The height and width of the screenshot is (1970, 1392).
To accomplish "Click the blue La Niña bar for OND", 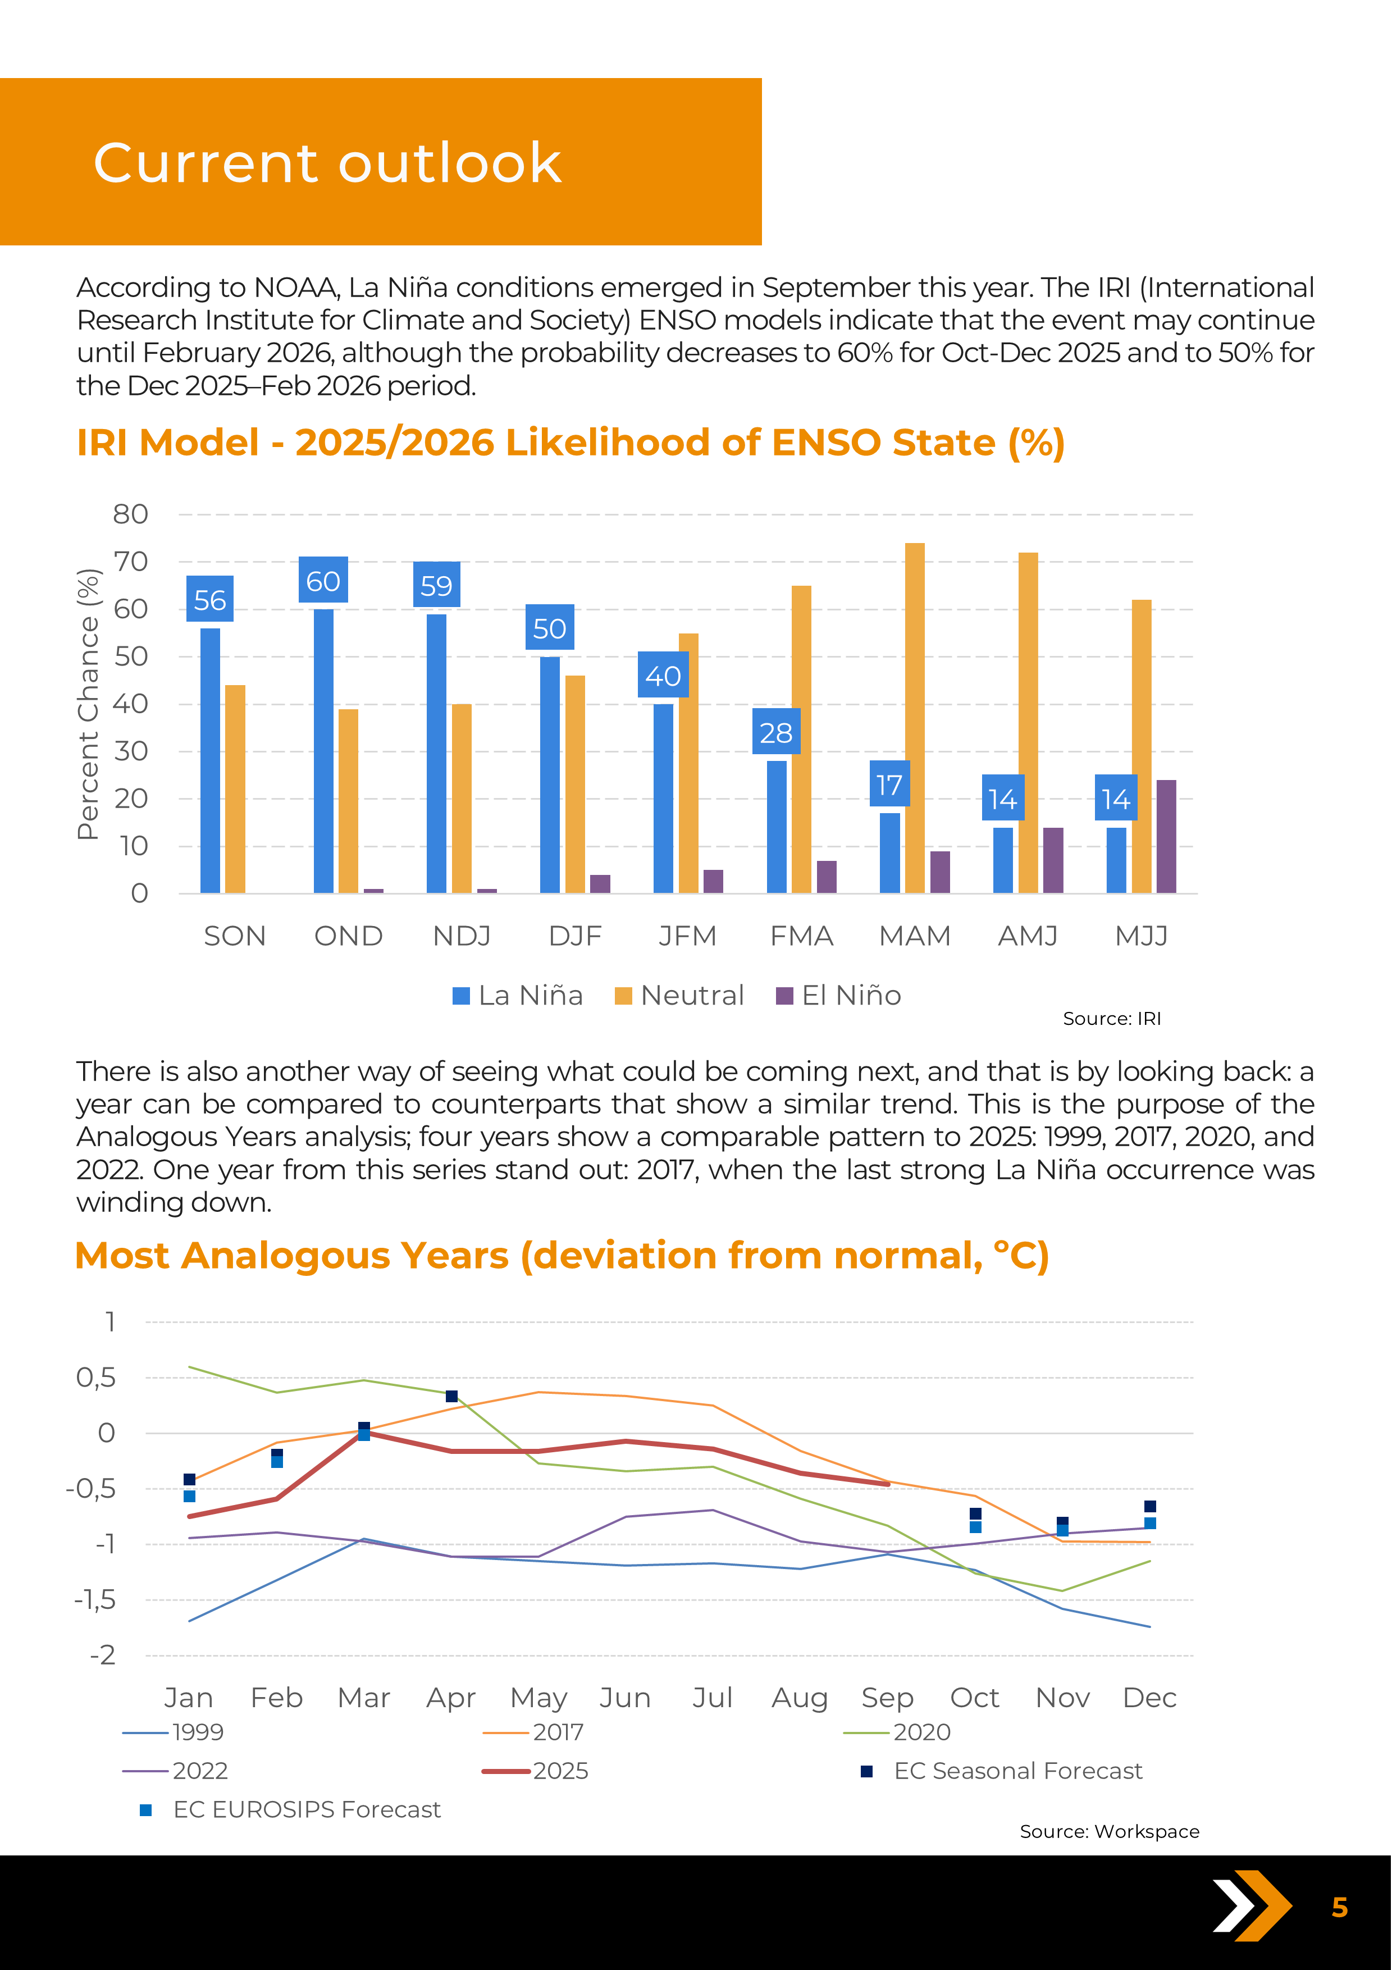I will click(x=323, y=751).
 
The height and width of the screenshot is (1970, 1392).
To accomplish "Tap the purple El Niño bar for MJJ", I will click(x=1166, y=837).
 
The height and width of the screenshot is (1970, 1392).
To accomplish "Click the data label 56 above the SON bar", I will click(x=210, y=600).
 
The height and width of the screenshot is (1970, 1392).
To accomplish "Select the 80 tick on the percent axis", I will click(x=130, y=515).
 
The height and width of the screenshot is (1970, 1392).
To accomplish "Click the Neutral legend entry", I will click(x=680, y=995).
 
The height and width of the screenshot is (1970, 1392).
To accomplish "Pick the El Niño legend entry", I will click(x=839, y=995).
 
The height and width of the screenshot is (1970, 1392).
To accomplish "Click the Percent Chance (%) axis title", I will click(x=88, y=704).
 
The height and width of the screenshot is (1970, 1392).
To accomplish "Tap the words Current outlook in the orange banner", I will click(x=327, y=162).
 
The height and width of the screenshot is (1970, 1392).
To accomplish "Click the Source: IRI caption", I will click(x=1112, y=1019).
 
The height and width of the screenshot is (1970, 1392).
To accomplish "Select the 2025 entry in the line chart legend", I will click(x=536, y=1771).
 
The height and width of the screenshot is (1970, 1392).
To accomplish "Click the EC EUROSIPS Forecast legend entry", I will click(x=291, y=1809).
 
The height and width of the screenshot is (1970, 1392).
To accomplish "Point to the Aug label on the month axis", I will click(x=800, y=1698).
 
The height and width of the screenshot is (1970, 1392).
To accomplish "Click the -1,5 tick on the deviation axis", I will click(x=96, y=1600).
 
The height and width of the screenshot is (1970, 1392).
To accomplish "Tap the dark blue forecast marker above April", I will click(x=452, y=1397).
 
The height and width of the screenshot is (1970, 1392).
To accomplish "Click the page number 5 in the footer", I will click(x=1339, y=1907).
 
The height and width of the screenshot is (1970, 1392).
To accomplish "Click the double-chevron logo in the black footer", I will click(x=1252, y=1905).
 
